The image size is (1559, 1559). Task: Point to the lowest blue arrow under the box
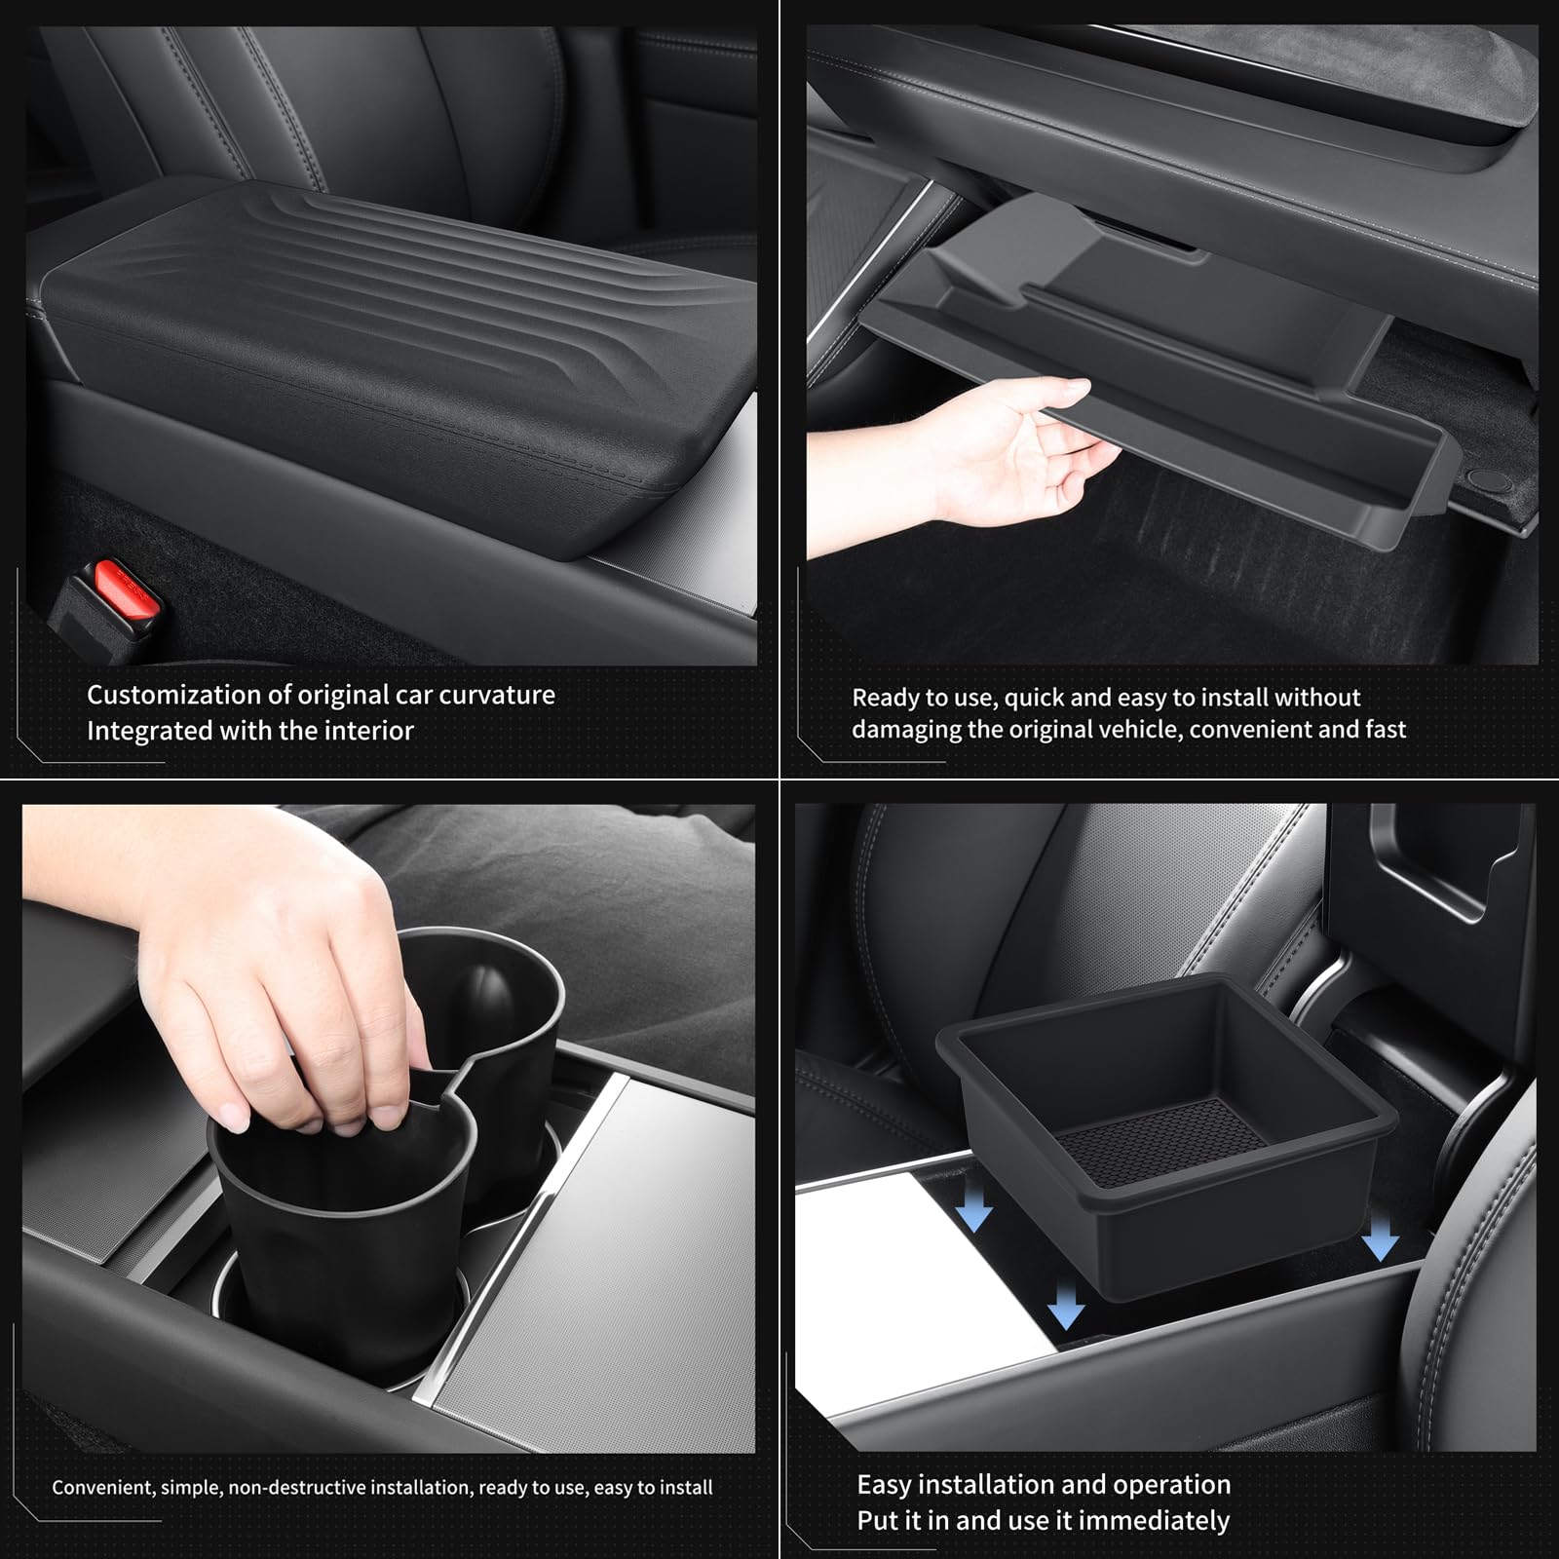(1067, 1306)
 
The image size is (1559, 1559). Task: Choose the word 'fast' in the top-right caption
(1383, 729)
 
